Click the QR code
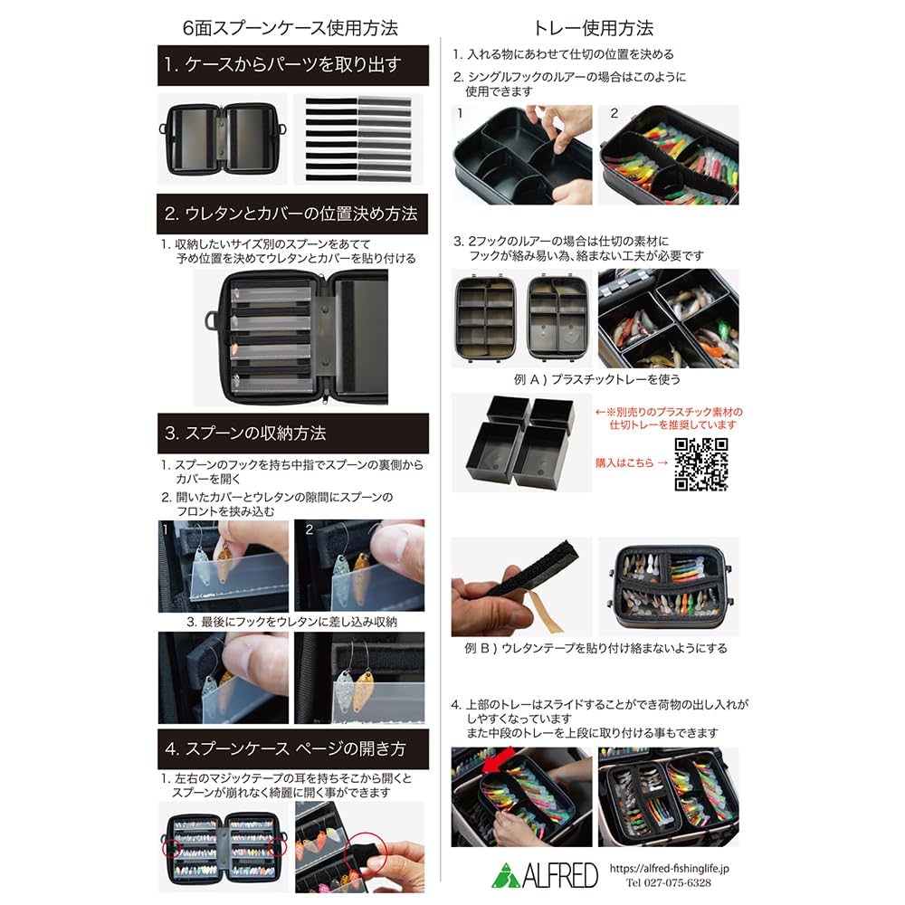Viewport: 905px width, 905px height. (701, 463)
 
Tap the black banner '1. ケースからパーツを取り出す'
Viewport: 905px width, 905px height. (293, 65)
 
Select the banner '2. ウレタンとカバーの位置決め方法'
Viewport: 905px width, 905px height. (293, 214)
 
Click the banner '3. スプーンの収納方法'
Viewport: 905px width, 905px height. (293, 433)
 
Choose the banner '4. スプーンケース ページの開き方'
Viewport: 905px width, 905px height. (293, 749)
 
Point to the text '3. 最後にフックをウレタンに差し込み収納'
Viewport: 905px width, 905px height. (291, 623)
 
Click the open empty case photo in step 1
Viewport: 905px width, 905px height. (223, 137)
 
